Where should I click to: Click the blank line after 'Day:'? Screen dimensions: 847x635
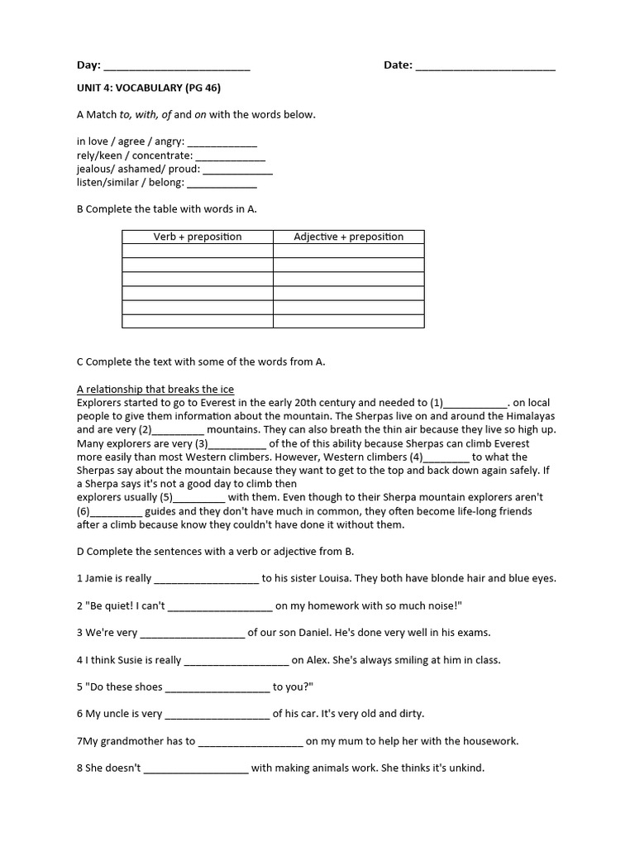click(176, 66)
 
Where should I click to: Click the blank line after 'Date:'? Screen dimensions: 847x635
click(485, 66)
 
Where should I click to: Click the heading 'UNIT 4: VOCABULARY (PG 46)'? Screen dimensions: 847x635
click(149, 88)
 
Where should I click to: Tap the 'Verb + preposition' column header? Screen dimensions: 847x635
click(198, 237)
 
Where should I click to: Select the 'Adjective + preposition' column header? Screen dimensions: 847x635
click(348, 237)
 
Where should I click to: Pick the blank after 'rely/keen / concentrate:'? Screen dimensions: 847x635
click(231, 156)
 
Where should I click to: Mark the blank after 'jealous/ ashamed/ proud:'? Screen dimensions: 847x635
click(237, 170)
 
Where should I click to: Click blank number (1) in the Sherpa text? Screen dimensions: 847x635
click(476, 404)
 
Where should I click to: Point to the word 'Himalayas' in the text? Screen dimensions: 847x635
click(530, 417)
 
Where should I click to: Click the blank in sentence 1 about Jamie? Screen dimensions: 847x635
click(207, 579)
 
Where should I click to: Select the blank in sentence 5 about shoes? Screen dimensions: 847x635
click(217, 687)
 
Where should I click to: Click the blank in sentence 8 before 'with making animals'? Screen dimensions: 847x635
click(196, 768)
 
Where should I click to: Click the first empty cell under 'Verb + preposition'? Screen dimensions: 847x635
click(198, 251)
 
